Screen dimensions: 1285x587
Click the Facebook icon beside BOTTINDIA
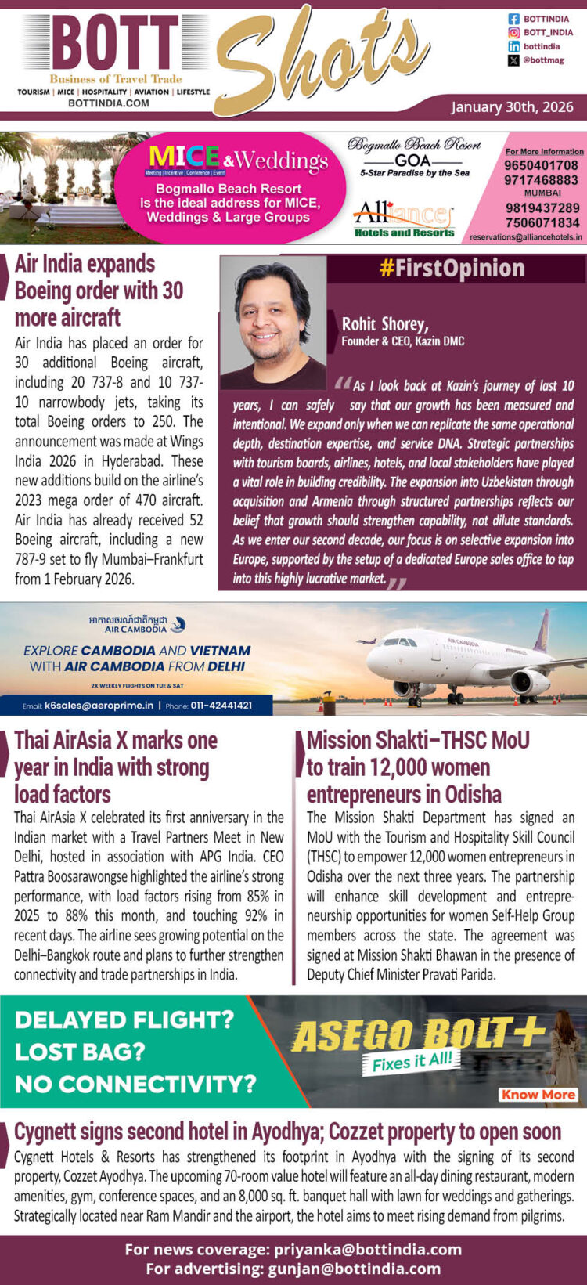coord(513,19)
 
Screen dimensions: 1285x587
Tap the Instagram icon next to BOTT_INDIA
coord(513,33)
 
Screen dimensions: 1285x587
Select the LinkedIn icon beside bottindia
coord(513,47)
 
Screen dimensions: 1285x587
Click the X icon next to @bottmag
coord(513,60)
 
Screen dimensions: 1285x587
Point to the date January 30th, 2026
coord(512,107)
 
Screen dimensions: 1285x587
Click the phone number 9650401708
coord(541,165)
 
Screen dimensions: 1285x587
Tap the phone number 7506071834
coord(541,222)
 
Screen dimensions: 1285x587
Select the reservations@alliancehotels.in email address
coord(526,236)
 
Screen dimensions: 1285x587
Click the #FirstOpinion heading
coord(452,269)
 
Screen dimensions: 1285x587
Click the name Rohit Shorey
coord(384,323)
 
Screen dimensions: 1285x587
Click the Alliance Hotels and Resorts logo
coord(404,219)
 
